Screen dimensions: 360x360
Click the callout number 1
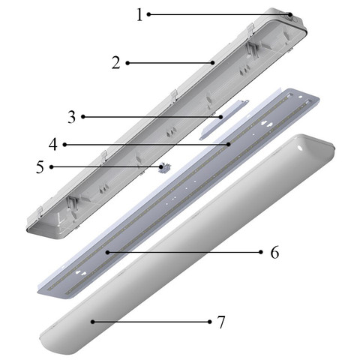(139, 15)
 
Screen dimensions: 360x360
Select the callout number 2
(116, 63)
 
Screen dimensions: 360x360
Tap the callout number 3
(71, 117)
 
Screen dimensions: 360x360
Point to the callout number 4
(53, 145)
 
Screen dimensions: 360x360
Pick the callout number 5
(40, 166)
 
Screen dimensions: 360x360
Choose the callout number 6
(274, 252)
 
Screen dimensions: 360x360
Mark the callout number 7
(221, 322)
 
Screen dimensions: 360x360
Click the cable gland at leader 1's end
(290, 16)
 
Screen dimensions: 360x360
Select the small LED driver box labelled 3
(223, 120)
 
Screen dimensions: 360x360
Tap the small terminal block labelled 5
(165, 167)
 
